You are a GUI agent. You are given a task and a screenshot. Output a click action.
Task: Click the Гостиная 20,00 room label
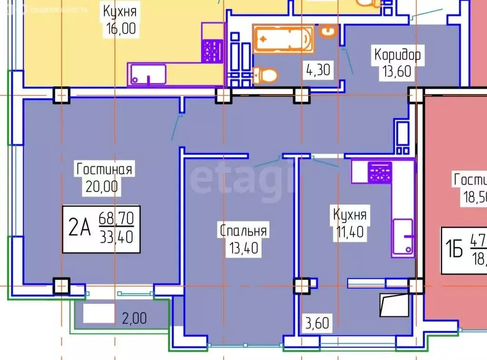[104, 176]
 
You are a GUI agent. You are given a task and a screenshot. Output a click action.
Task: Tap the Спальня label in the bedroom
[243, 231]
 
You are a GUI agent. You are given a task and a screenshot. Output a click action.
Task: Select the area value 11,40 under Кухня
[349, 233]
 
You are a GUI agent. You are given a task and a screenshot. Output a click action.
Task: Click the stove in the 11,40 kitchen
[380, 172]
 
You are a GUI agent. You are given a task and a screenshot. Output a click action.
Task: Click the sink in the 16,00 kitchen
[146, 75]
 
